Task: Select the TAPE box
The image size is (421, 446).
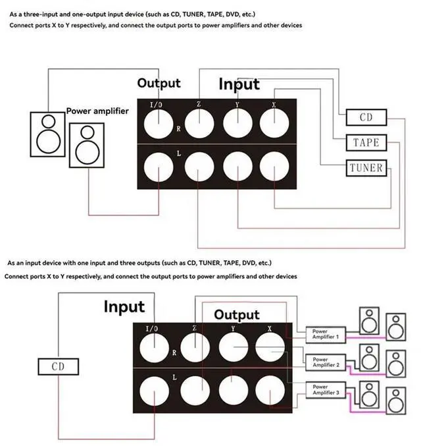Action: (366, 142)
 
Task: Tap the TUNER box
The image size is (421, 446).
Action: (366, 167)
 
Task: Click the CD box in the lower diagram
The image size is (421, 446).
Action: (57, 367)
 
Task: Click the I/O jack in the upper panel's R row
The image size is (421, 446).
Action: (159, 123)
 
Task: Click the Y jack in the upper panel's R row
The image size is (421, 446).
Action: (237, 123)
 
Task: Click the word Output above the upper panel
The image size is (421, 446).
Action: (159, 84)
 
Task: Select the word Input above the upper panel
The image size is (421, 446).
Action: (239, 84)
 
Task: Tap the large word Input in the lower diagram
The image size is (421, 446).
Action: (124, 307)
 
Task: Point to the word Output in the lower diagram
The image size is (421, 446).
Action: (237, 315)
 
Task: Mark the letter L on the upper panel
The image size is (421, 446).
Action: (179, 153)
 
